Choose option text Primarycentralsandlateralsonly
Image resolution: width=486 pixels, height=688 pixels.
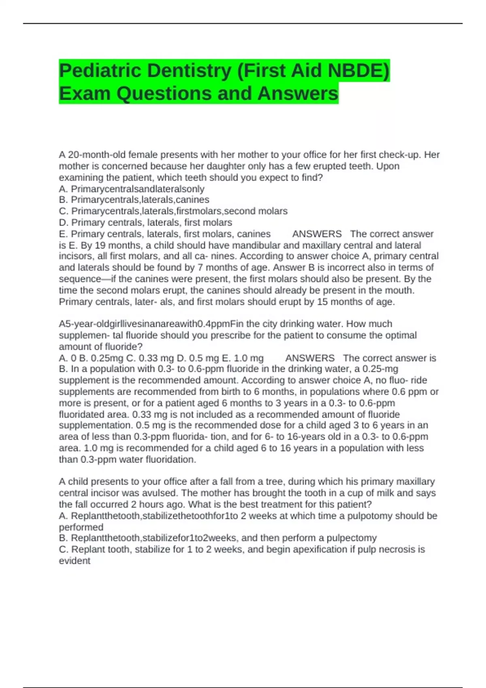[137, 189]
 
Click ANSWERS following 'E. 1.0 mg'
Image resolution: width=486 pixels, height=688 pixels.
[310, 358]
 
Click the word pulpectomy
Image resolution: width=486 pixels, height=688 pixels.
[352, 538]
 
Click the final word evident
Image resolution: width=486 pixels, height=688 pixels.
[75, 561]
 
